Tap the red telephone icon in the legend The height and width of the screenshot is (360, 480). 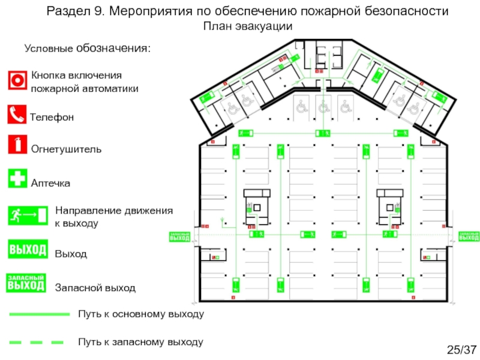[x=18, y=114]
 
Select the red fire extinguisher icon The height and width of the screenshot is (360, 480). [x=18, y=145]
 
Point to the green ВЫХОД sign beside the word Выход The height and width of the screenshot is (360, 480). [x=28, y=250]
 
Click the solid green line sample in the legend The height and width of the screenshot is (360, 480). [x=39, y=314]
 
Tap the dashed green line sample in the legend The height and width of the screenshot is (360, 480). [x=36, y=342]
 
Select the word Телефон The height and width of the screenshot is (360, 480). [x=53, y=118]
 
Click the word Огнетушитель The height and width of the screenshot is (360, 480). [x=66, y=148]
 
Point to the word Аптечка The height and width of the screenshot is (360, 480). [x=50, y=182]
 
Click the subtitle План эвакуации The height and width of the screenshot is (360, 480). [x=247, y=26]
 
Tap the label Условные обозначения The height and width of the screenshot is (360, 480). [x=87, y=48]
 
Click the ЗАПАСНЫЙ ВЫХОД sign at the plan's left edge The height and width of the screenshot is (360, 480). [x=179, y=236]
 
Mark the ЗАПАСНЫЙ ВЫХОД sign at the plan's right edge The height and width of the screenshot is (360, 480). [x=469, y=236]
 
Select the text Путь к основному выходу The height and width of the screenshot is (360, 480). [x=141, y=314]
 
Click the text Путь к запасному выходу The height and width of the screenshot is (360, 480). [x=140, y=342]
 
